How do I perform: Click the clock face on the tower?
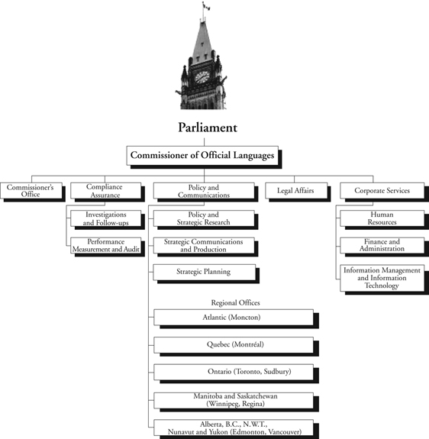pyautogui.click(x=202, y=76)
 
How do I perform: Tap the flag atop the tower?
pyautogui.click(x=205, y=6)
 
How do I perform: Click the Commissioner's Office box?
pyautogui.click(x=31, y=190)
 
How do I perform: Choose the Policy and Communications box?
pyautogui.click(x=202, y=190)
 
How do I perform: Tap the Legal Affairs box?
pyautogui.click(x=289, y=190)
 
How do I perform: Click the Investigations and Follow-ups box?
pyautogui.click(x=107, y=218)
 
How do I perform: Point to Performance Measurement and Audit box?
pyautogui.click(x=106, y=244)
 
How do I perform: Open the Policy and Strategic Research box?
pyautogui.click(x=202, y=218)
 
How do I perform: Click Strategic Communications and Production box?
pyautogui.click(x=202, y=244)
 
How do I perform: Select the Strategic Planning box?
pyautogui.click(x=202, y=271)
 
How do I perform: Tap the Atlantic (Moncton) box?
pyautogui.click(x=234, y=318)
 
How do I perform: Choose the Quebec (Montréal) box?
pyautogui.click(x=234, y=344)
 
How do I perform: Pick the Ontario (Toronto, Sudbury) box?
pyautogui.click(x=234, y=371)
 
